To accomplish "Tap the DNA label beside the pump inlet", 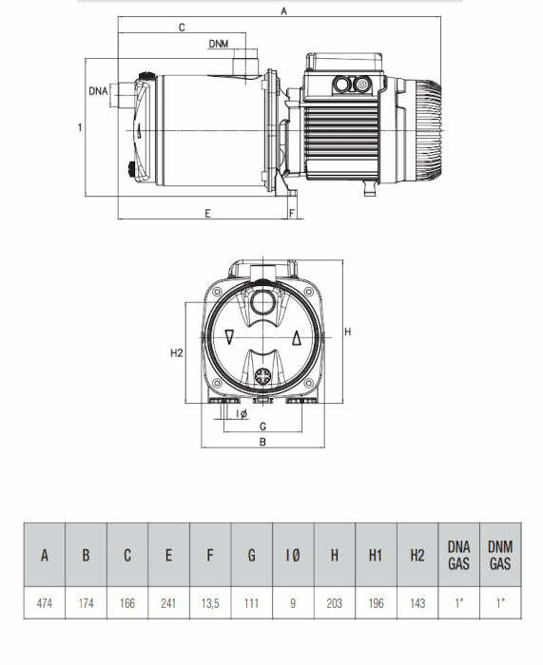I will (x=97, y=91).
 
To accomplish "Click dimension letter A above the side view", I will (x=283, y=11).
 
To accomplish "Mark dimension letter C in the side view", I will (x=181, y=28).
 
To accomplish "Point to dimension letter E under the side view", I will (x=207, y=214).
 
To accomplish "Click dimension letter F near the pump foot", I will (x=291, y=214).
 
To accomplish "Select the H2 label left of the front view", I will (x=176, y=352).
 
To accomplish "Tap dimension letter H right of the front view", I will (x=348, y=332).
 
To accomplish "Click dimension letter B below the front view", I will (x=262, y=442).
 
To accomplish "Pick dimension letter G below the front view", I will (x=262, y=426).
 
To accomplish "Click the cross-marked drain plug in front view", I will (x=262, y=372).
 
